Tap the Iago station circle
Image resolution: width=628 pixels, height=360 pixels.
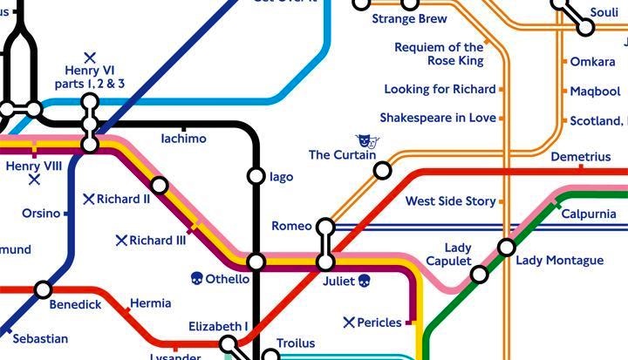point(256,176)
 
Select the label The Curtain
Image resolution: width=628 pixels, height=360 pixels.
point(342,155)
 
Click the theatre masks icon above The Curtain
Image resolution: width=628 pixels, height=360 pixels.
point(367,140)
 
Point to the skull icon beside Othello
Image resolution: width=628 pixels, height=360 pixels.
point(197,279)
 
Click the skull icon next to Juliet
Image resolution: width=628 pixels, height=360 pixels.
point(364,280)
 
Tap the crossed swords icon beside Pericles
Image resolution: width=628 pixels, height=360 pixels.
point(350,323)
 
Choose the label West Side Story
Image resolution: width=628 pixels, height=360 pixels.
point(450,201)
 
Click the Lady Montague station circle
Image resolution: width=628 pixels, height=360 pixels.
point(507,248)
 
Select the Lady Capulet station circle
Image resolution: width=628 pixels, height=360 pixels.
point(479,275)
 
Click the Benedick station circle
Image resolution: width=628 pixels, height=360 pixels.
point(43,289)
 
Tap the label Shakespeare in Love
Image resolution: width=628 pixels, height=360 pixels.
point(438,118)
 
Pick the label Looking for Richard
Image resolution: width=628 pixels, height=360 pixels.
point(440,89)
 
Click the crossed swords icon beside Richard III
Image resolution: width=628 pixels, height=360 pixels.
point(121,240)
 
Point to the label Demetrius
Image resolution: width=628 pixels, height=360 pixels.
point(581,157)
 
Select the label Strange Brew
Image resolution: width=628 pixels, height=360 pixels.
point(409,18)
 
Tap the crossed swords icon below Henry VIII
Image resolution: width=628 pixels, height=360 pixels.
point(34,180)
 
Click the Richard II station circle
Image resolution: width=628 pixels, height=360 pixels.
point(159,185)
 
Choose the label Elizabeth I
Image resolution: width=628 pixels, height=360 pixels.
point(218,327)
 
